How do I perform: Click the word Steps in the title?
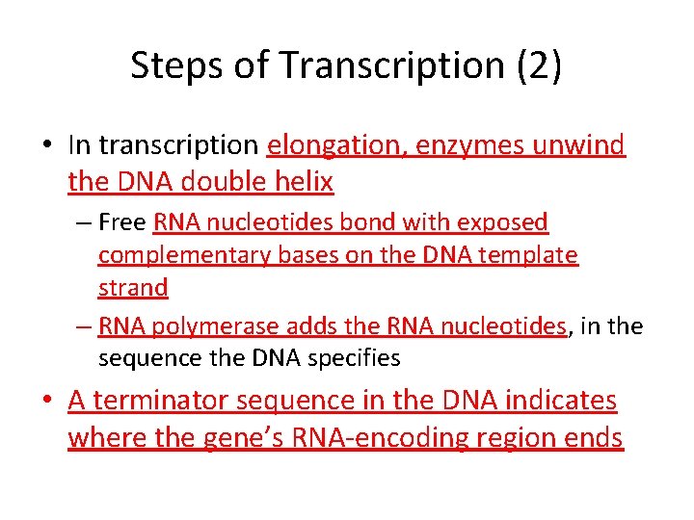coord(171,65)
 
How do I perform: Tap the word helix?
coord(303,180)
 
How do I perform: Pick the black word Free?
coord(122,223)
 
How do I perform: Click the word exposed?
coord(503,223)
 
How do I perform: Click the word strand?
coord(133,287)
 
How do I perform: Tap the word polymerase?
coord(217,326)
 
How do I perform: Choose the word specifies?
coord(356,358)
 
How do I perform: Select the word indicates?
coord(564,401)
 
